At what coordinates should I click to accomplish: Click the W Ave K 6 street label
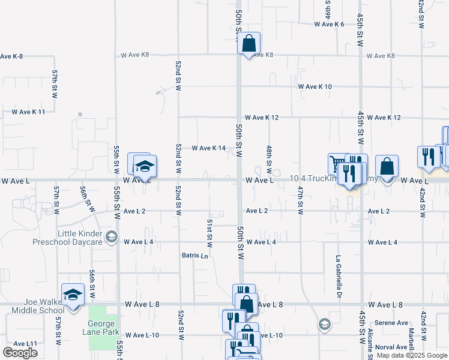pyautogui.click(x=329, y=24)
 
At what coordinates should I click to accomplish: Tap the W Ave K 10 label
pyautogui.click(x=315, y=86)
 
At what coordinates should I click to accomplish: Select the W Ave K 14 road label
pyautogui.click(x=208, y=148)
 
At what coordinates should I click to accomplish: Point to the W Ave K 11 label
pyautogui.click(x=28, y=112)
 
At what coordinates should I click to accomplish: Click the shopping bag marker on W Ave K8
pyautogui.click(x=249, y=44)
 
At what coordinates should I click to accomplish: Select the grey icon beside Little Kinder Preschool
pyautogui.click(x=110, y=238)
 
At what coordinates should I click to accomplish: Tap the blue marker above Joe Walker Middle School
pyautogui.click(x=73, y=295)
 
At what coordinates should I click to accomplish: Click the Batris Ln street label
pyautogui.click(x=195, y=256)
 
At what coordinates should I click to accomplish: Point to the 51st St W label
pyautogui.click(x=210, y=233)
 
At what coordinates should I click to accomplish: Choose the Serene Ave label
pyautogui.click(x=391, y=323)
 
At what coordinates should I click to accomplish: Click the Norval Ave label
pyautogui.click(x=393, y=347)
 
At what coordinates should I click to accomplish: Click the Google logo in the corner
pyautogui.click(x=20, y=353)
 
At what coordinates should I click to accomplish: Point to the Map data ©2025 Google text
pyautogui.click(x=411, y=355)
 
